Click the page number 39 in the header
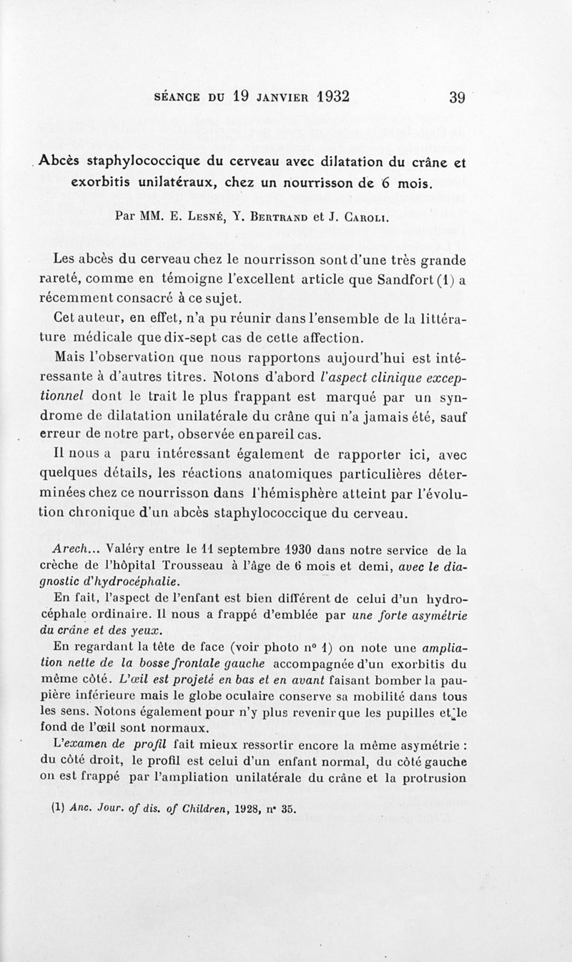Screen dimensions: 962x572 (x=458, y=97)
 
